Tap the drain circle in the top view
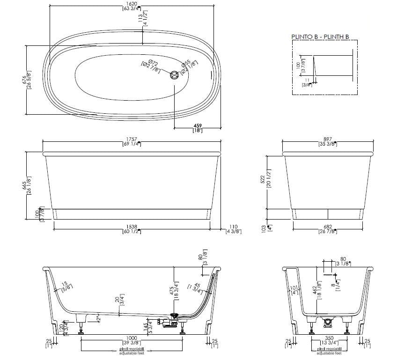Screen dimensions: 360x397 pyautogui.click(x=175, y=75)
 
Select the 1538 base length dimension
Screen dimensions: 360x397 pyautogui.click(x=132, y=227)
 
